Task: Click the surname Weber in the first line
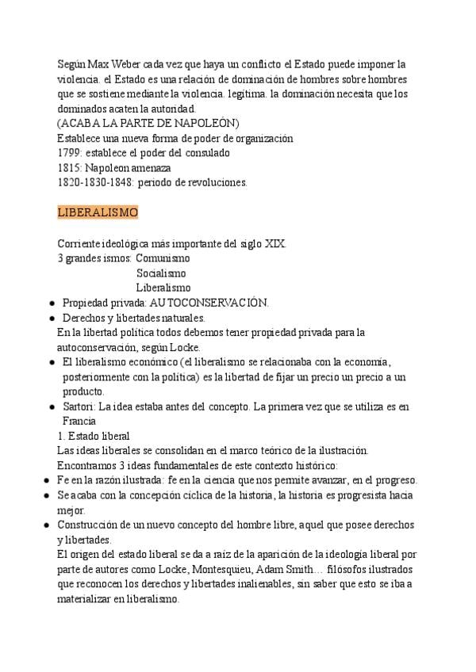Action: (123, 63)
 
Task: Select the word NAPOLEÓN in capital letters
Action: (208, 123)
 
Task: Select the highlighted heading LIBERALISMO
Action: (98, 213)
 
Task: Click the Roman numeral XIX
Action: (273, 243)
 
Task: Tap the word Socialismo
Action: (161, 273)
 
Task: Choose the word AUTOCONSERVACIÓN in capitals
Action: (209, 303)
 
